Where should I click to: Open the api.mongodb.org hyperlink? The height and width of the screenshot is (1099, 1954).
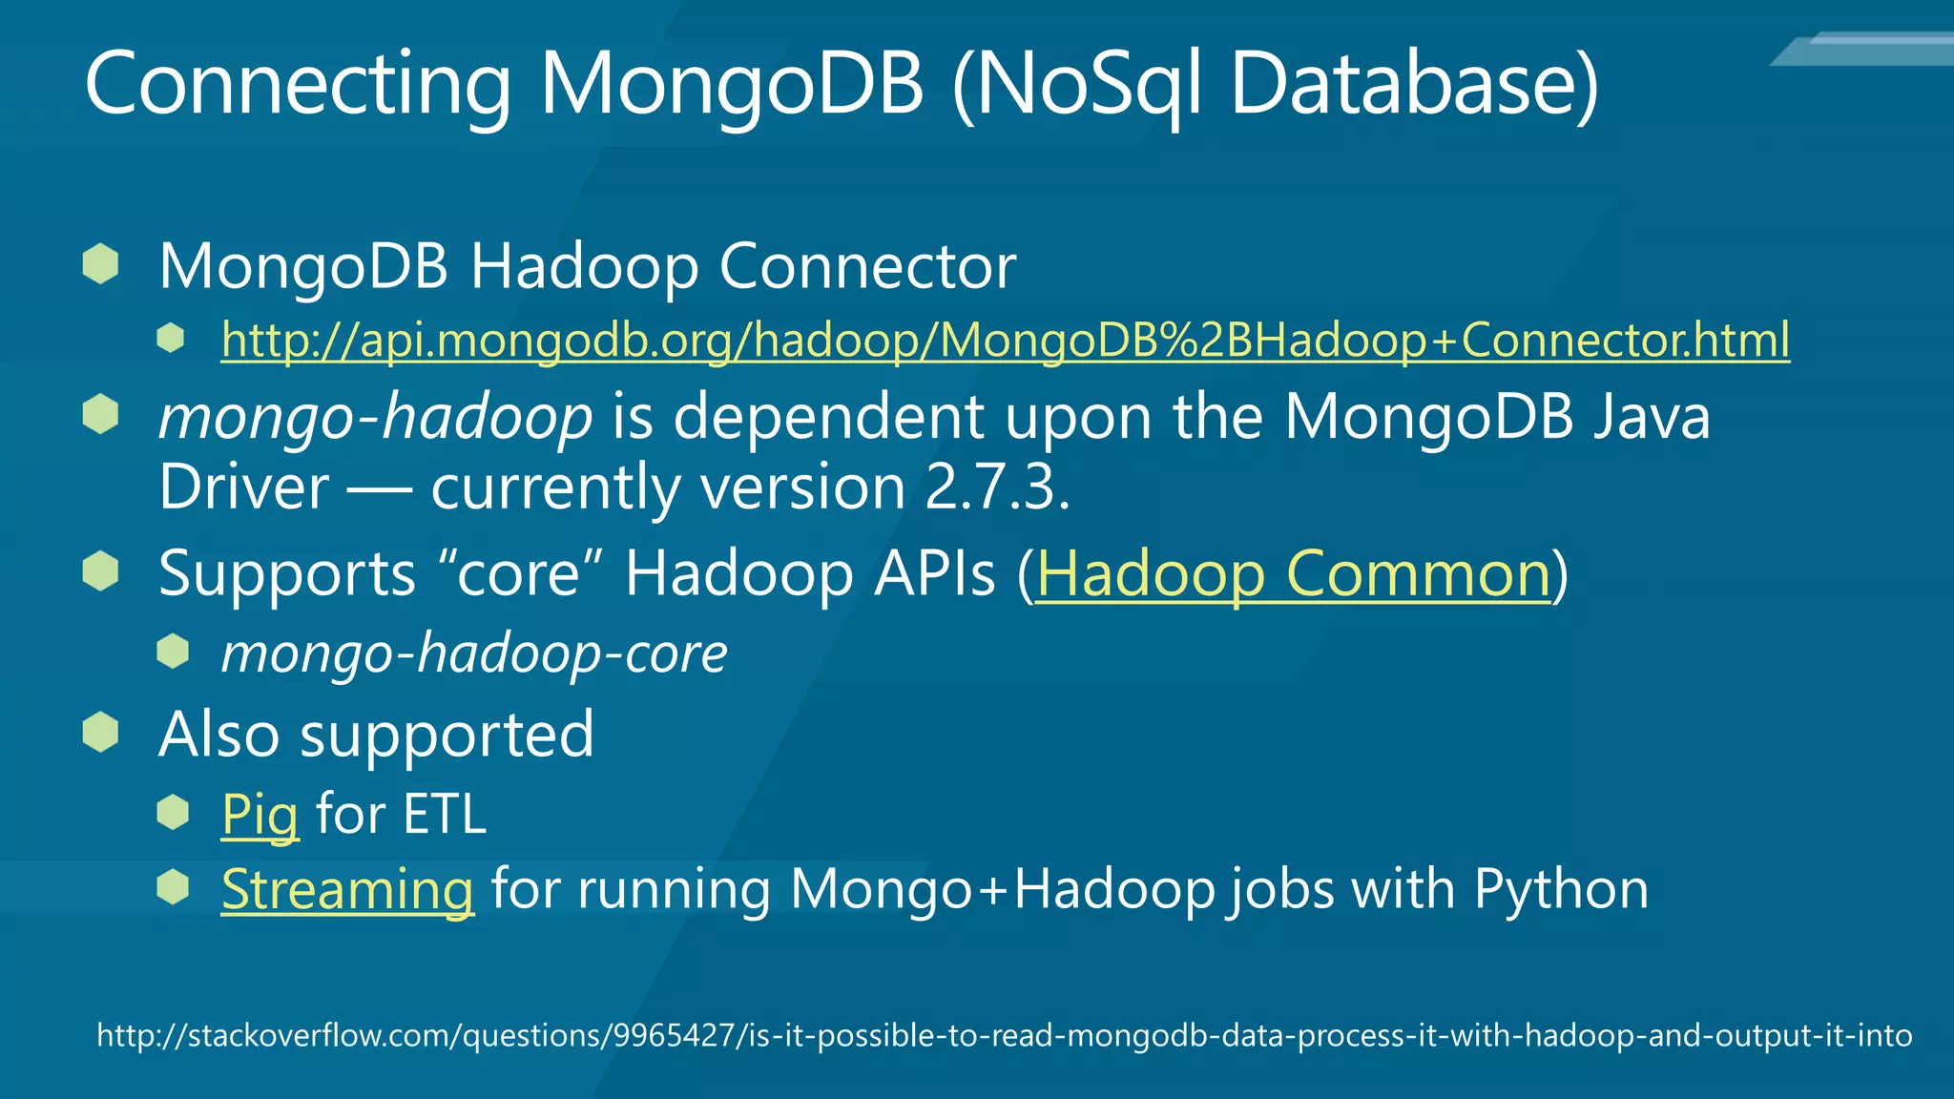[x=1005, y=340]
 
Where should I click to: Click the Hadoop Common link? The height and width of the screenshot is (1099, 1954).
[x=1294, y=574]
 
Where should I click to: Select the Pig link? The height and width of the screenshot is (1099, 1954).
[x=260, y=815]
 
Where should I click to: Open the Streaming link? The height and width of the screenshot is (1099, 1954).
[x=347, y=889]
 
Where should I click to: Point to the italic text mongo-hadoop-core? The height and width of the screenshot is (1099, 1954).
[x=474, y=653]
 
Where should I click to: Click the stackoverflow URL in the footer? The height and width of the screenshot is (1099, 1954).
[x=1004, y=1035]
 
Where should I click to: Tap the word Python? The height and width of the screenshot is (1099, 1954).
[x=1561, y=889]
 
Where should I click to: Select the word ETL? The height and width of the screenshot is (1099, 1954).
[x=444, y=815]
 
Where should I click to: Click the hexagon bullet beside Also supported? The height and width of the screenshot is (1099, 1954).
[x=100, y=733]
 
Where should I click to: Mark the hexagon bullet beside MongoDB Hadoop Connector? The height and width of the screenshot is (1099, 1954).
[x=100, y=264]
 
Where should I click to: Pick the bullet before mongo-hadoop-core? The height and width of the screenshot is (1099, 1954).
[x=173, y=653]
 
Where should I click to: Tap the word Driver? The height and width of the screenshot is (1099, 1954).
[x=244, y=487]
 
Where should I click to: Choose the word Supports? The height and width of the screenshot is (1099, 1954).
[x=287, y=574]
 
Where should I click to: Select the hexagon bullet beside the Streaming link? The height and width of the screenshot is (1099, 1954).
[x=173, y=887]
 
